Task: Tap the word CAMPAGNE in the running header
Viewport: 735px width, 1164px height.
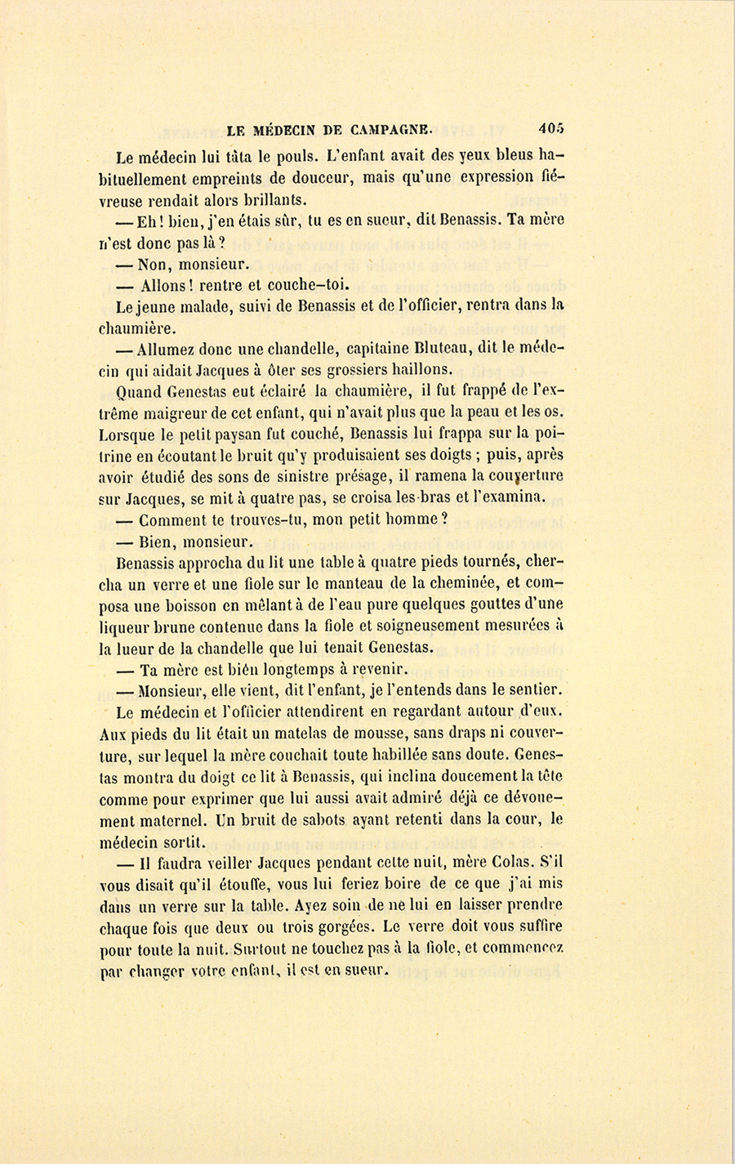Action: click(392, 129)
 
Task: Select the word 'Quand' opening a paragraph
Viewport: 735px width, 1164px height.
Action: click(140, 391)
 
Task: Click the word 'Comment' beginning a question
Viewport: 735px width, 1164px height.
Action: click(172, 520)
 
